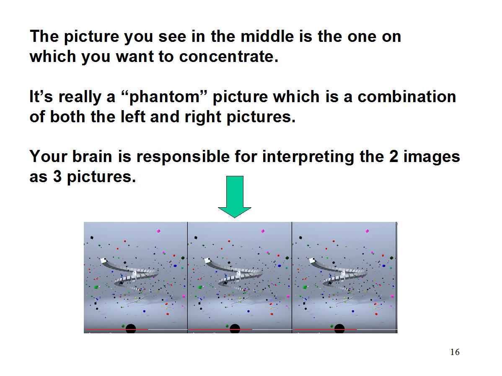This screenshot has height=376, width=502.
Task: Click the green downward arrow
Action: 235,196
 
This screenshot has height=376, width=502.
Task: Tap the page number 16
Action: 455,352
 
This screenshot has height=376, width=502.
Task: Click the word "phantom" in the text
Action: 165,97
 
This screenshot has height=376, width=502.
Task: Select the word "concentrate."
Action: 229,57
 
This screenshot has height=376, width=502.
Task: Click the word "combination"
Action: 406,97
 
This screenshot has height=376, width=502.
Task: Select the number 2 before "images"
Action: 393,157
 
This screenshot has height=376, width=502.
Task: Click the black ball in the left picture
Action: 131,329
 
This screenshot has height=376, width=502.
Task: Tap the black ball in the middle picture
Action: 235,329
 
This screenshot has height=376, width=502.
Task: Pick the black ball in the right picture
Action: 339,329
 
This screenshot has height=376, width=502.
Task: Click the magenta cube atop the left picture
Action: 158,231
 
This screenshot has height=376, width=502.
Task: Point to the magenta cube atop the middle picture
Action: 263,231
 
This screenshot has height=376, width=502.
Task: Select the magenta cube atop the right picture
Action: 367,231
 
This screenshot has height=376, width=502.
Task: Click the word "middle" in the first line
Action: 267,36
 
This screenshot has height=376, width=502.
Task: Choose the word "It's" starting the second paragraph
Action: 41,97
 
